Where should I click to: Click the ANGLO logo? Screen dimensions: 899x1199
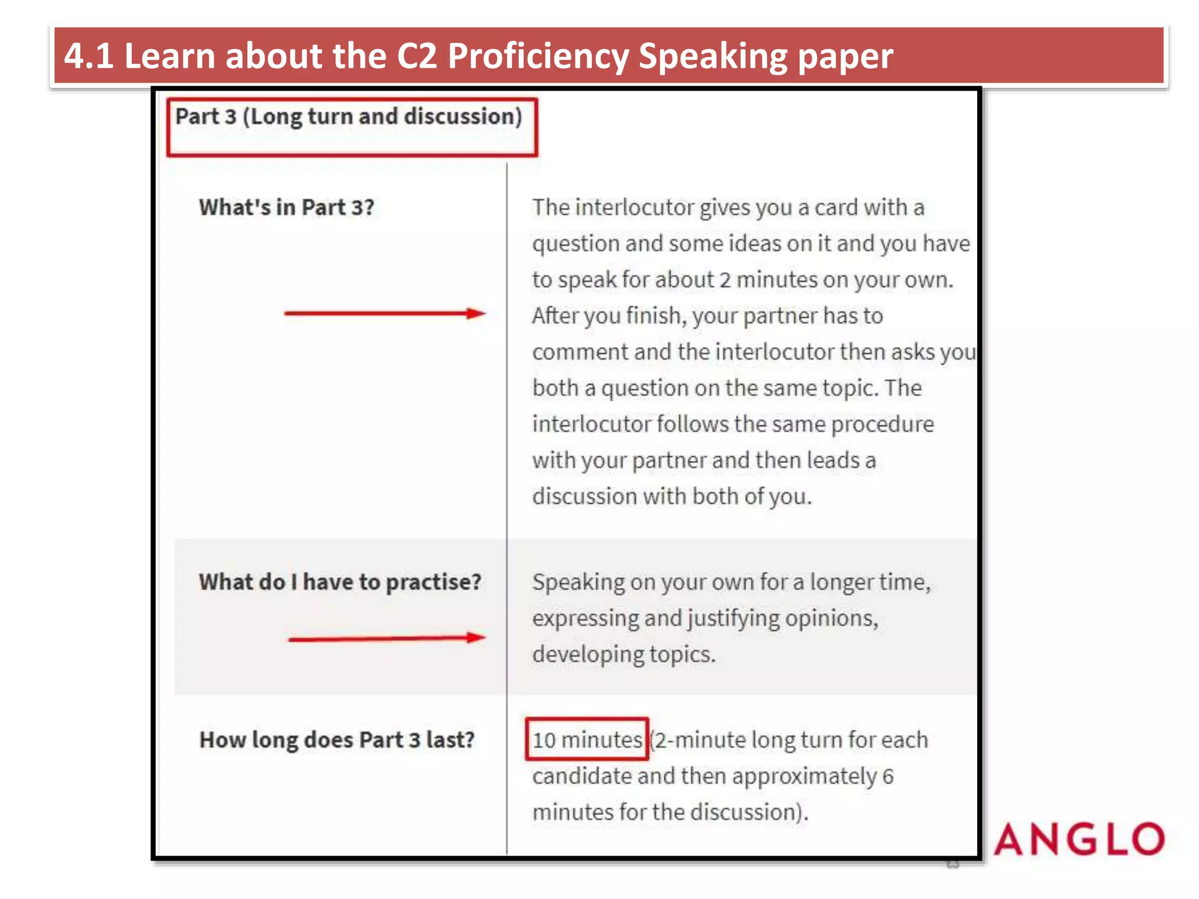tap(1079, 839)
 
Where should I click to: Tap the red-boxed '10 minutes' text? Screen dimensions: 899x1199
tap(587, 740)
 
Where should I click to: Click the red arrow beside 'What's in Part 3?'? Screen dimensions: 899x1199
tap(385, 314)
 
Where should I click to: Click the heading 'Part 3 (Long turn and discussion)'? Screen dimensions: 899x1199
tap(348, 116)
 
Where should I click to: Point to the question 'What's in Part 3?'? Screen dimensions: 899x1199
tap(286, 208)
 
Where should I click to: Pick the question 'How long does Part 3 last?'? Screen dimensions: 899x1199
tap(337, 740)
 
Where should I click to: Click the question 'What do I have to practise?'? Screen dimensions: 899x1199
tap(340, 582)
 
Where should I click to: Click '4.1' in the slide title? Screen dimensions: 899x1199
tap(88, 56)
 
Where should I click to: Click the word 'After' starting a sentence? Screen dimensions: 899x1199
tap(555, 316)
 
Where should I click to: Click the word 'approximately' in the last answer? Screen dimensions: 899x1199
tap(804, 777)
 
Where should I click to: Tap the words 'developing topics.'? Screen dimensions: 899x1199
tap(624, 654)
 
